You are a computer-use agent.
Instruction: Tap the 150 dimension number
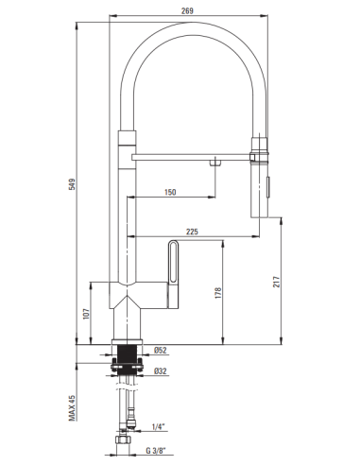169,192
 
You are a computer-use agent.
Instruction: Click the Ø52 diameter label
160,351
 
